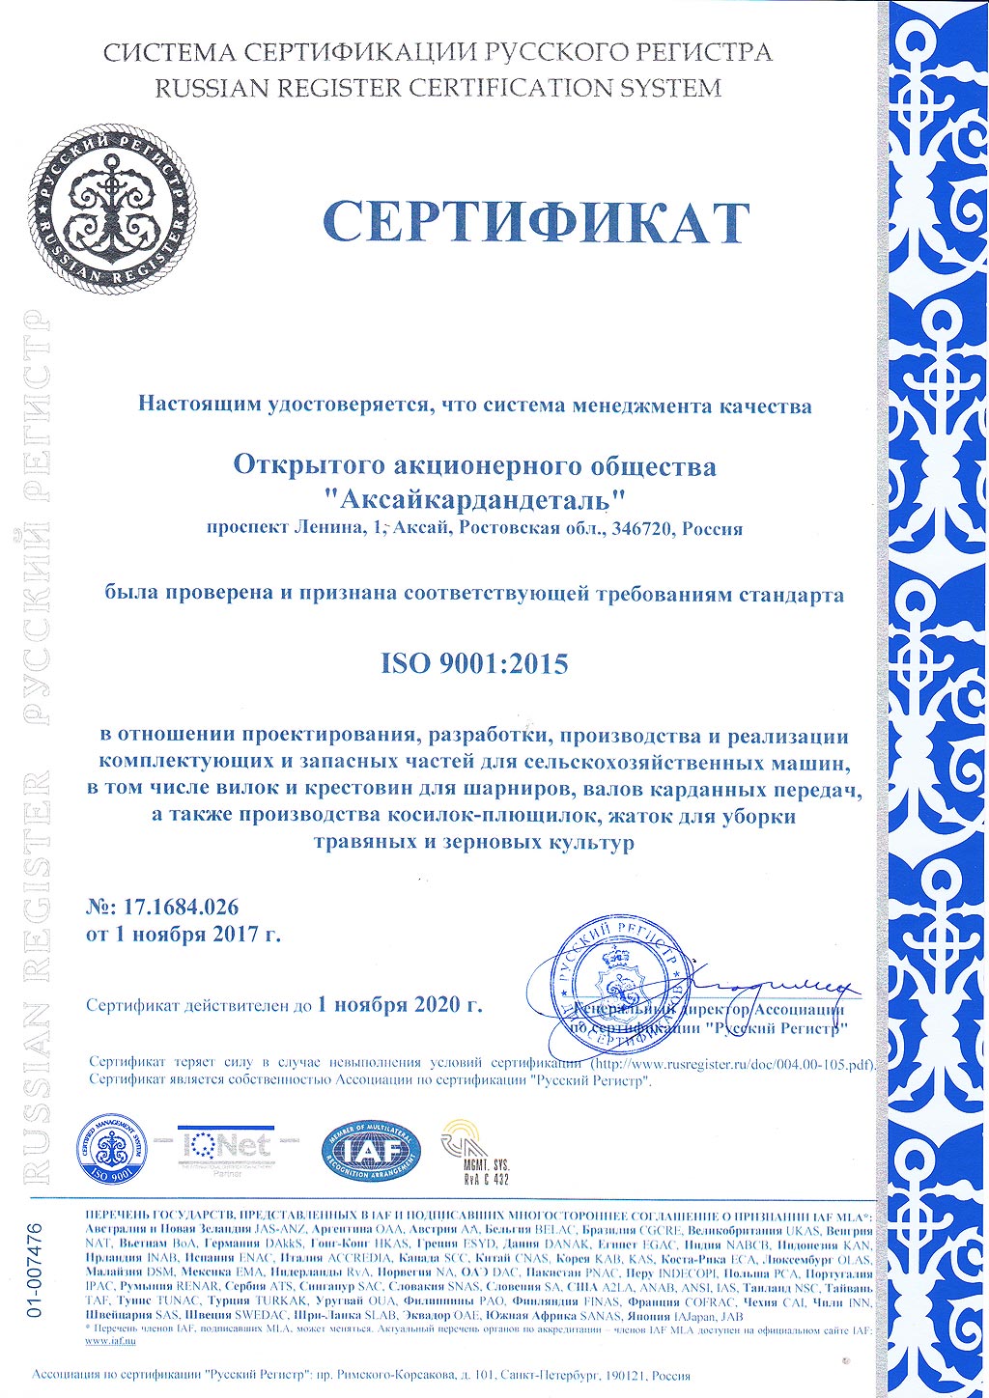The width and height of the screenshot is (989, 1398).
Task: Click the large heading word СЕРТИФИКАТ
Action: coord(536,222)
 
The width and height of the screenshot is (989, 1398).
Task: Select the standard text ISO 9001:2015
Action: coord(474,664)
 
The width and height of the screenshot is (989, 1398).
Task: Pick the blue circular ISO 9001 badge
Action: coord(113,1149)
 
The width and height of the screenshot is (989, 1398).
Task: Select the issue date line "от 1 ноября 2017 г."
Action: coord(184,935)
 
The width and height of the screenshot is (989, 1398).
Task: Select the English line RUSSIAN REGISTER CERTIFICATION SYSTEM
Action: coord(438,88)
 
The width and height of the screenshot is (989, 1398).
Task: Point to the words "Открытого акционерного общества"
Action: coord(474,466)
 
